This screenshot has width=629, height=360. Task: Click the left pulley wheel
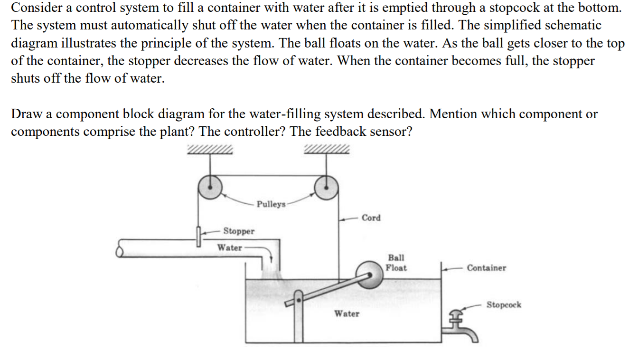[x=210, y=188]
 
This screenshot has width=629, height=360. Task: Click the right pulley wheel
[x=326, y=188]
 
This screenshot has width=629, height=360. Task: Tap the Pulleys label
[x=271, y=204]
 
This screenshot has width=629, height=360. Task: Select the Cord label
[x=371, y=218]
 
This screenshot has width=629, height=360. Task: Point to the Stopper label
[x=239, y=231]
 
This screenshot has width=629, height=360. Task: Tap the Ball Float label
[x=396, y=263]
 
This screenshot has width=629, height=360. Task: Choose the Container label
[x=486, y=268]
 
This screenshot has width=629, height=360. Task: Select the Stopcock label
[x=504, y=304]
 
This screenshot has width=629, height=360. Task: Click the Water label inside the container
[x=347, y=313]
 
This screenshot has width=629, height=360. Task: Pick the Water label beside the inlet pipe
[x=229, y=247]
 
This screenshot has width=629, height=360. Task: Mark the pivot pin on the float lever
[x=299, y=300]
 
